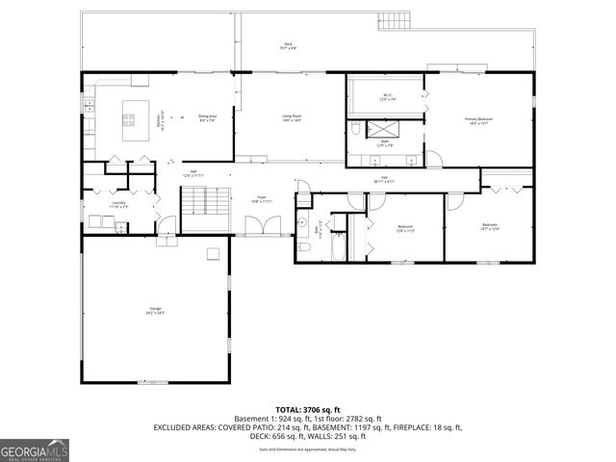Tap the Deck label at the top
click(288, 46)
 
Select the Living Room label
click(293, 118)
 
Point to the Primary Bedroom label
click(478, 121)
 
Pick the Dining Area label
click(208, 118)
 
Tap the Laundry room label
click(118, 204)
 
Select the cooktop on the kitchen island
click(128, 120)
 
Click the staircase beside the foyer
click(206, 202)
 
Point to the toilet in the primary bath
click(354, 127)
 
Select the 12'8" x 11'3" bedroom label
click(405, 229)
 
